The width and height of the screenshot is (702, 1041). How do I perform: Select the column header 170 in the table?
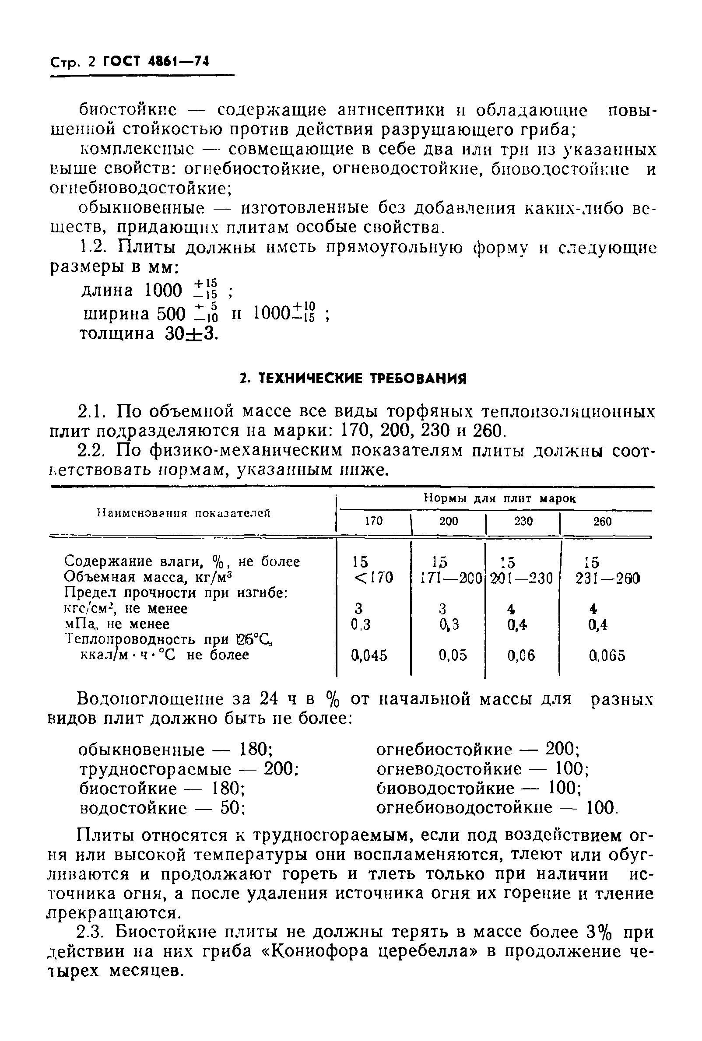tap(373, 521)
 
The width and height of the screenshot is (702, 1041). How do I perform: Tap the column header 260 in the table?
tap(602, 522)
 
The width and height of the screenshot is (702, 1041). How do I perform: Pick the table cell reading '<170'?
tap(373, 578)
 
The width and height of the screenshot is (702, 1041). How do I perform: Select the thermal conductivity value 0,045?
tap(369, 655)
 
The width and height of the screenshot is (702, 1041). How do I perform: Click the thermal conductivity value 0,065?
tap(607, 655)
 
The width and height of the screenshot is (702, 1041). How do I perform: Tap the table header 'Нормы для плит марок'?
tap(500, 498)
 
